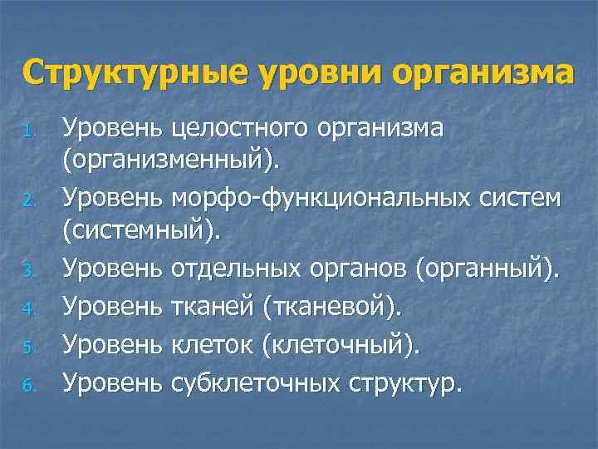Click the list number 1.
[x=29, y=132]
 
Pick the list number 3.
[x=29, y=269]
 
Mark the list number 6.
[x=29, y=384]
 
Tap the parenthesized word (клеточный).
[x=341, y=345]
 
